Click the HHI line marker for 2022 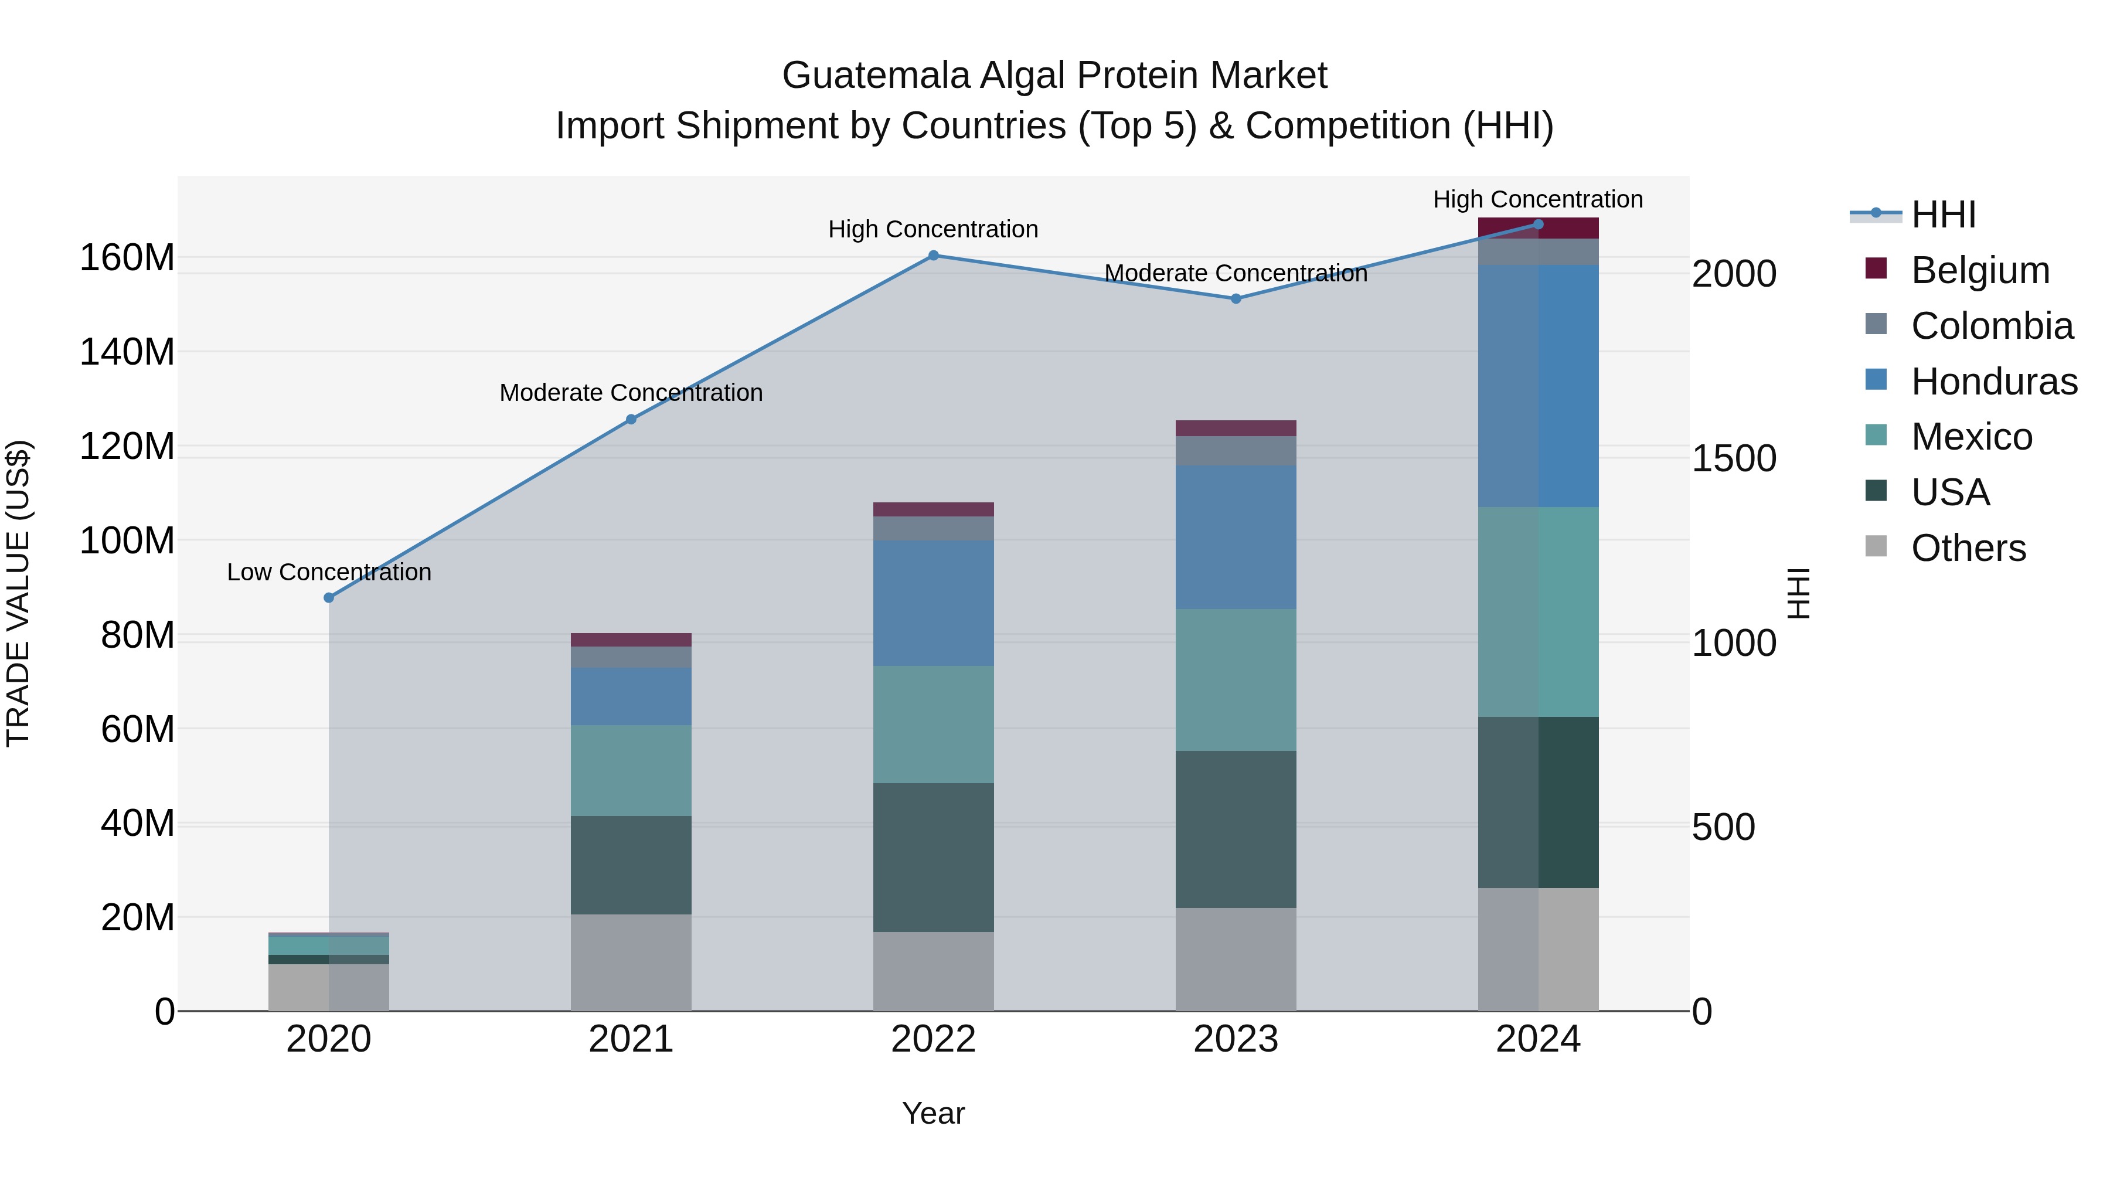click(933, 256)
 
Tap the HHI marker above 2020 click(328, 598)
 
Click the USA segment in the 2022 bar click(933, 857)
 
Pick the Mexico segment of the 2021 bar click(631, 770)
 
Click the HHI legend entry click(1943, 215)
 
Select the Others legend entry click(1968, 548)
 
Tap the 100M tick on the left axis click(127, 540)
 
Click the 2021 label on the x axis click(631, 1039)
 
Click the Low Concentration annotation click(328, 572)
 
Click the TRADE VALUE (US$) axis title click(18, 593)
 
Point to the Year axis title click(933, 1113)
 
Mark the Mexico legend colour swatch click(1876, 435)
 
